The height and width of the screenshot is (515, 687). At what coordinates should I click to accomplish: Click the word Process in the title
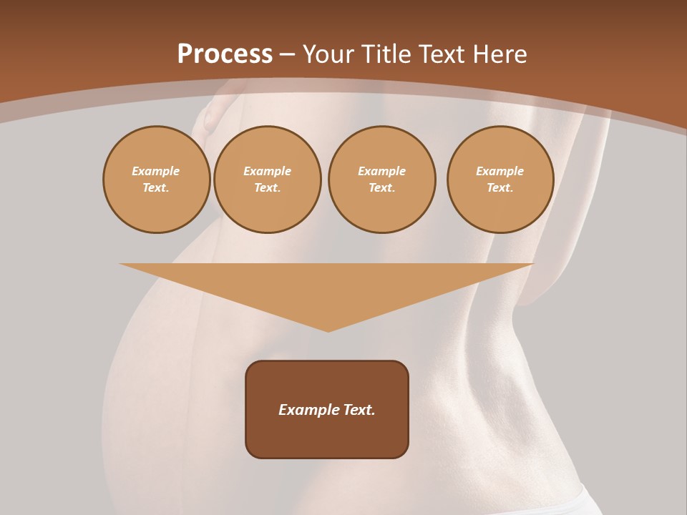(225, 54)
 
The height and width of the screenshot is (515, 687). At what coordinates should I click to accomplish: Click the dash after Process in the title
(287, 55)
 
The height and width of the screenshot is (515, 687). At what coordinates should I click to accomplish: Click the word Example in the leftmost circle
(156, 171)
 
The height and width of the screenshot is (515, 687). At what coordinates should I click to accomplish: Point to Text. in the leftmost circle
(156, 188)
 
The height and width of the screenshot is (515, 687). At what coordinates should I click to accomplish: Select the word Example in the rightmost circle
(500, 171)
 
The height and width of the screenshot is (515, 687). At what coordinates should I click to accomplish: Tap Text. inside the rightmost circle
(500, 188)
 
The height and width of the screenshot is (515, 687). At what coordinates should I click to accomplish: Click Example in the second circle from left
(268, 171)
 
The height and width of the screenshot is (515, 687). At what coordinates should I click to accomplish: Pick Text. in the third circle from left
(382, 188)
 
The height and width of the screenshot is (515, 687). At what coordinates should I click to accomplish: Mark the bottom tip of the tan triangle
(328, 330)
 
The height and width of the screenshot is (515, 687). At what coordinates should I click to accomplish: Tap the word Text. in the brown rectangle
(359, 410)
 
